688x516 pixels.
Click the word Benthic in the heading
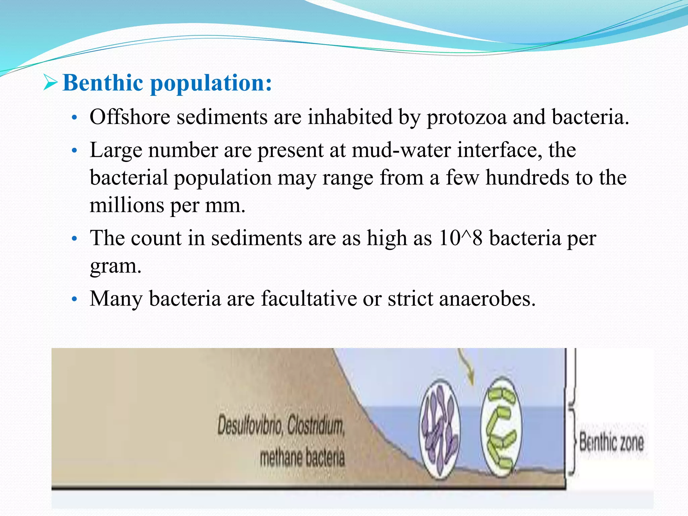click(x=103, y=83)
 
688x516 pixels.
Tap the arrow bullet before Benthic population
click(x=51, y=83)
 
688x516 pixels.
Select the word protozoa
click(x=467, y=118)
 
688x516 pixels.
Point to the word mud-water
click(x=401, y=150)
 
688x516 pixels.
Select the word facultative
click(x=309, y=299)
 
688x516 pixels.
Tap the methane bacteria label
click(x=302, y=458)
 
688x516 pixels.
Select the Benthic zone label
click(x=611, y=442)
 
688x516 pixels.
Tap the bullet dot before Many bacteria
click(x=75, y=299)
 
